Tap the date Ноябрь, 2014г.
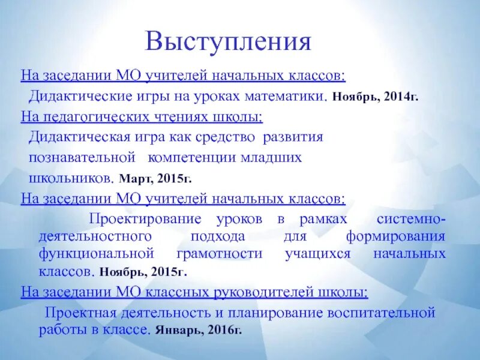tap(375, 96)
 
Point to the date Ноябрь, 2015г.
tap(143, 271)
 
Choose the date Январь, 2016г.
tap(198, 330)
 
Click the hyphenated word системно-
tap(410, 218)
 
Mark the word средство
tap(225, 137)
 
